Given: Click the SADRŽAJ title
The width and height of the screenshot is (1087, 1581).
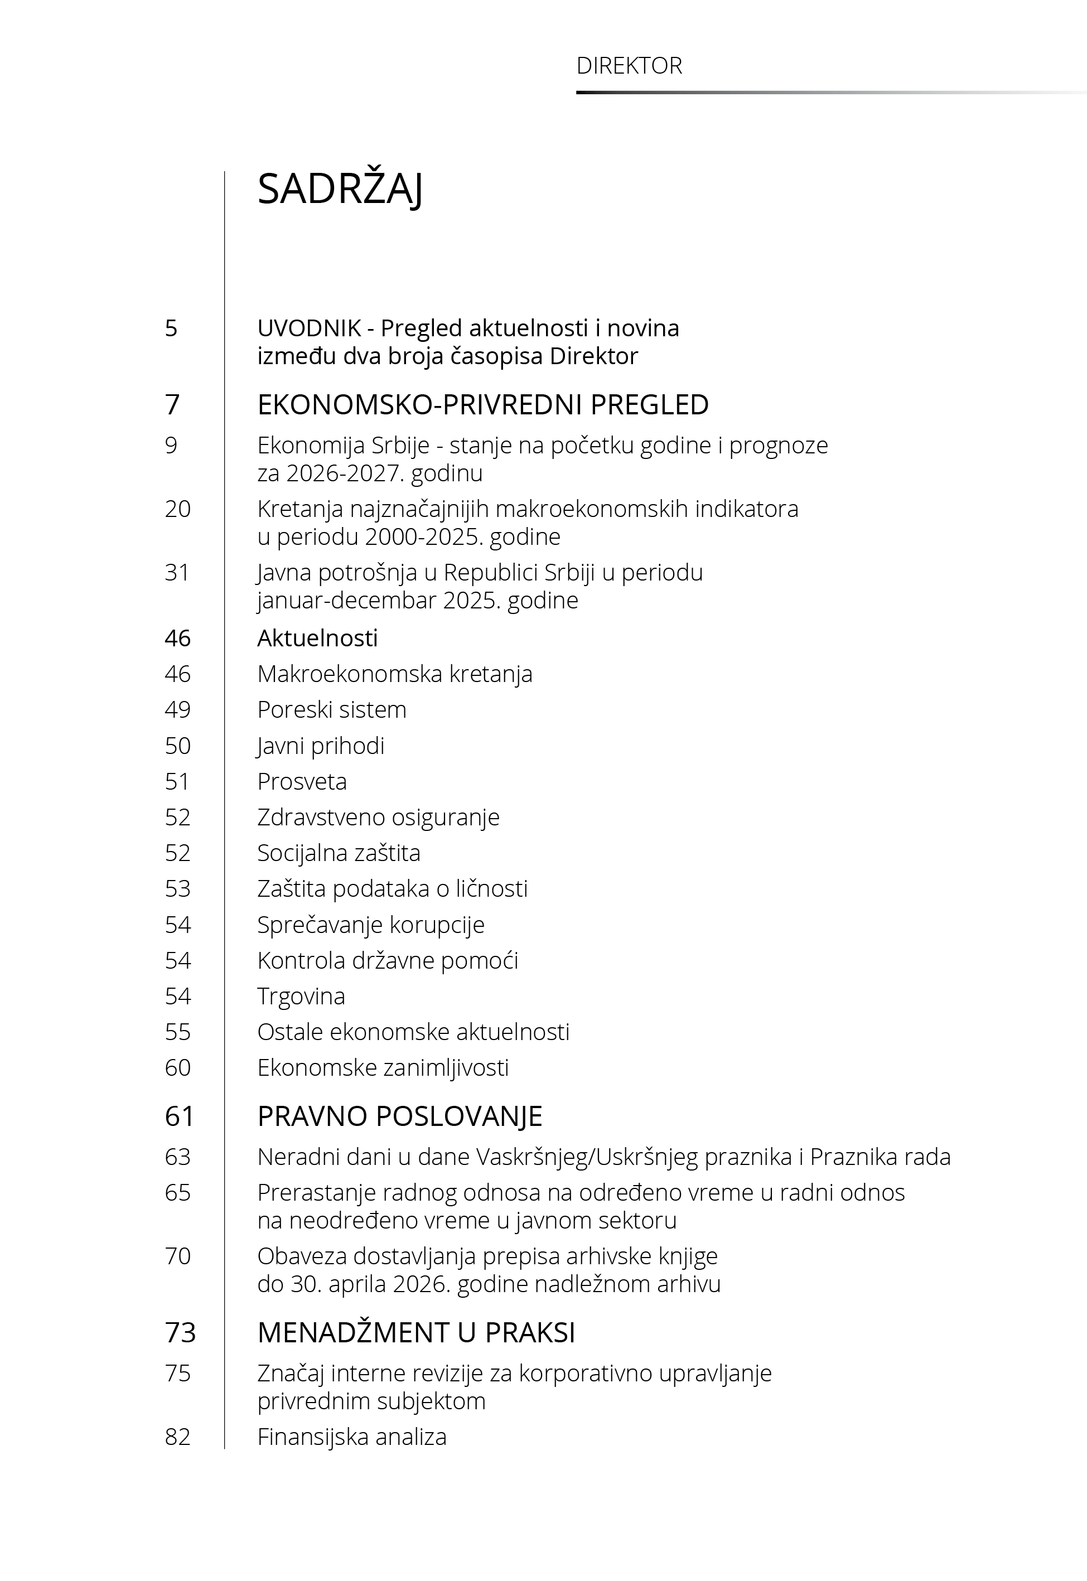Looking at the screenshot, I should pos(340,188).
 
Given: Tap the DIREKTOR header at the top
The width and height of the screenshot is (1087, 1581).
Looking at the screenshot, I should pos(629,65).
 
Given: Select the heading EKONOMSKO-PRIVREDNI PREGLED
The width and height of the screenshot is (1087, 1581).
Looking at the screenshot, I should pos(483,404).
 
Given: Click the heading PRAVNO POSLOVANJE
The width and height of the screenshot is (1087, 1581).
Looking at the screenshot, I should pos(400,1116).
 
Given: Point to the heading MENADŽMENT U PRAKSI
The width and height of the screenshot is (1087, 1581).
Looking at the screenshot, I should pos(416,1332).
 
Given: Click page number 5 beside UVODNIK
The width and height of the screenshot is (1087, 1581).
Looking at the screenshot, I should pos(171,328).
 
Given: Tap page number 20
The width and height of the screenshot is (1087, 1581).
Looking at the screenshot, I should pos(177,509).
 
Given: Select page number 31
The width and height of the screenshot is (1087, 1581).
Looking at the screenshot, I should pos(177,572).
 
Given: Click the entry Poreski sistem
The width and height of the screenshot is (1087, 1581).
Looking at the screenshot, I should pos(332,709).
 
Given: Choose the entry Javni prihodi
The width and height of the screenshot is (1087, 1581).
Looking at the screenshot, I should pos(321,746).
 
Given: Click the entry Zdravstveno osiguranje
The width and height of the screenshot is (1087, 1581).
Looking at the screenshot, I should pos(378,817).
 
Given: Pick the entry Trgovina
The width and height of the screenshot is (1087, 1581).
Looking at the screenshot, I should pos(301,996).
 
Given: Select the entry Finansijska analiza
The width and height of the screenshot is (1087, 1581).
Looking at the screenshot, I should pos(351,1437).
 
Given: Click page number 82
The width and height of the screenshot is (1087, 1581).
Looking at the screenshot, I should pos(177,1437).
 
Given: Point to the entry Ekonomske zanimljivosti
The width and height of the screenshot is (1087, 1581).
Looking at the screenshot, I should pos(383,1067).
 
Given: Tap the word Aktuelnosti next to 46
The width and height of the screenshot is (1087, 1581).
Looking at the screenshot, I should pos(317,638).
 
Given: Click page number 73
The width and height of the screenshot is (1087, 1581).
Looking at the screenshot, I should pos(180,1332).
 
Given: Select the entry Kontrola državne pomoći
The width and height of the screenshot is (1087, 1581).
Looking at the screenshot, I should pos(388,960).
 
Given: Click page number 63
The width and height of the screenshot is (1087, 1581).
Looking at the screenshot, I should pos(177,1157).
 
